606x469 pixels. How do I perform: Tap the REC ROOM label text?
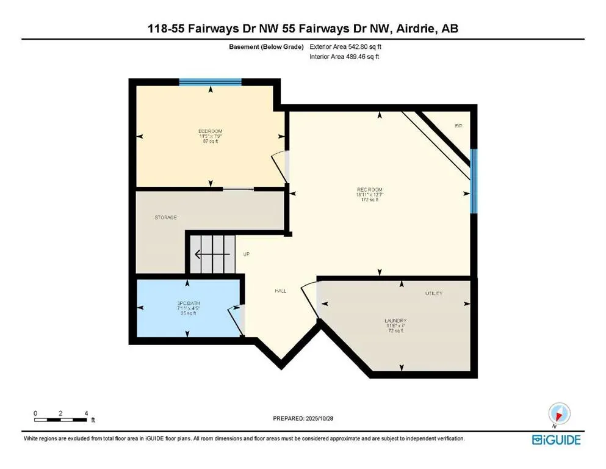pos(370,190)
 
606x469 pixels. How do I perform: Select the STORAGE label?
pos(165,217)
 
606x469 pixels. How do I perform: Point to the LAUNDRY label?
pos(395,321)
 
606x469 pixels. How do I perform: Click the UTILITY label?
pos(434,294)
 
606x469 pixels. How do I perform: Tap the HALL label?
pos(280,291)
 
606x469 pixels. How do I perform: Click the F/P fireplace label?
pos(458,126)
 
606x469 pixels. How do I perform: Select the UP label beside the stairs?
pos(247,254)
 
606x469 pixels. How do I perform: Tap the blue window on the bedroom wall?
pos(210,81)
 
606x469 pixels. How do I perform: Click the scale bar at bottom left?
pos(60,419)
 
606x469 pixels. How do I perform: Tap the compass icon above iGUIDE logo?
pos(560,415)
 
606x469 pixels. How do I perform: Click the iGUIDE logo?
pos(556,440)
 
